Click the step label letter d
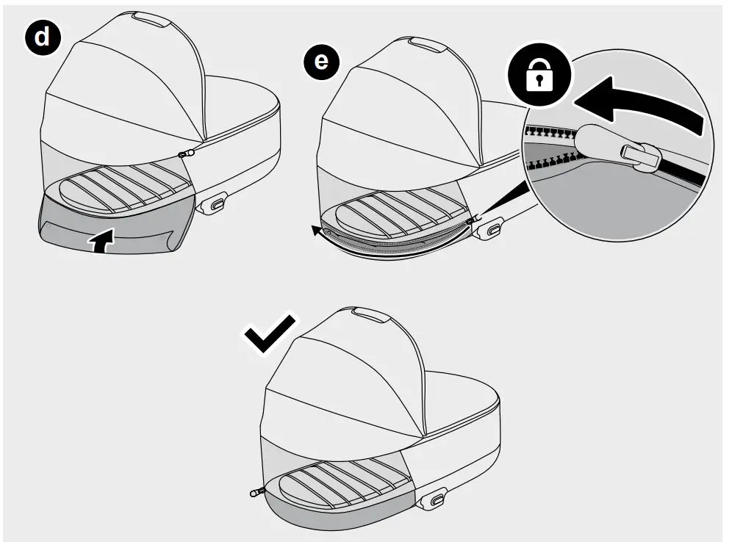click(44, 37)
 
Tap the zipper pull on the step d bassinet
click(187, 153)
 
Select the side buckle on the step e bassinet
click(492, 229)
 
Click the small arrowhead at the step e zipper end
click(316, 232)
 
